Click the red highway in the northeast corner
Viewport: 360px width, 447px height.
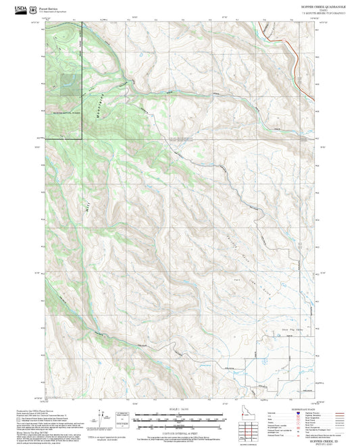click(290, 47)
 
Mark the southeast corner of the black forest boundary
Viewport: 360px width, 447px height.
click(82, 138)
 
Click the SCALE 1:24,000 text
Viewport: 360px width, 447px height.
click(179, 409)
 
